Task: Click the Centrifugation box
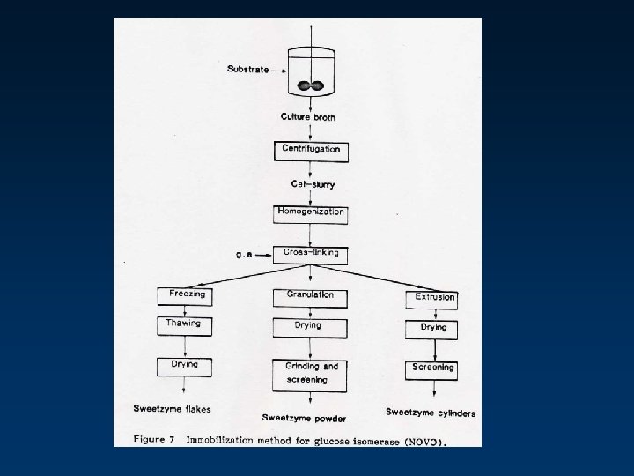[311, 151]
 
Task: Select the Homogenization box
[311, 214]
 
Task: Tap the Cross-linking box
[311, 254]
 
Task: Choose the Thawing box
[184, 325]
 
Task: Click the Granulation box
[310, 297]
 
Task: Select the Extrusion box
[435, 298]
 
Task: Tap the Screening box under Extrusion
[433, 368]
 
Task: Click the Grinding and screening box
[311, 374]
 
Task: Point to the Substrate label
[247, 69]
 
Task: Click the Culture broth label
[308, 117]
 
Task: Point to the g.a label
[245, 254]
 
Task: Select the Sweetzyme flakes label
[173, 409]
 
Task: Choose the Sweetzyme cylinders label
[431, 413]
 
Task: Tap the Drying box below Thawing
[184, 366]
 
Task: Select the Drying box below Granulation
[310, 327]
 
